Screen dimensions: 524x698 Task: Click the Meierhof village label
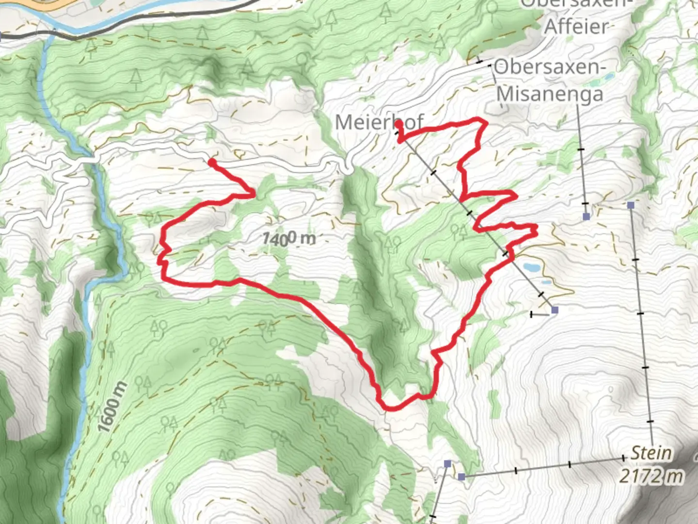click(379, 122)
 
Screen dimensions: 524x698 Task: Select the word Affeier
click(575, 26)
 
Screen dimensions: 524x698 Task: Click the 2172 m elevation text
click(651, 476)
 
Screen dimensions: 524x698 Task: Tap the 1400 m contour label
click(289, 238)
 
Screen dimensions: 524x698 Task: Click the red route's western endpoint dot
click(212, 162)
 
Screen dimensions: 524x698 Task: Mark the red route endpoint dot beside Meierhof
click(398, 125)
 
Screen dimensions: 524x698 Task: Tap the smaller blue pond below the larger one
click(546, 282)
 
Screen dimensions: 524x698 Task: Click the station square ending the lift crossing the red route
click(555, 310)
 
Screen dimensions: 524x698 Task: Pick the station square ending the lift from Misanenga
click(587, 216)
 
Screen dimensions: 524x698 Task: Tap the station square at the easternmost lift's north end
click(630, 205)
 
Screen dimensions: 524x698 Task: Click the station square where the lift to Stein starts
click(461, 476)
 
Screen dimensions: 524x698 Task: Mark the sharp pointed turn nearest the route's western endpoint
click(254, 195)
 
